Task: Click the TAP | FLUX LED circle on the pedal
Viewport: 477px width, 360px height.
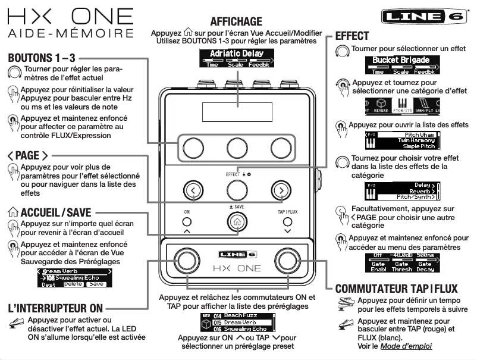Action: click(288, 220)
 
